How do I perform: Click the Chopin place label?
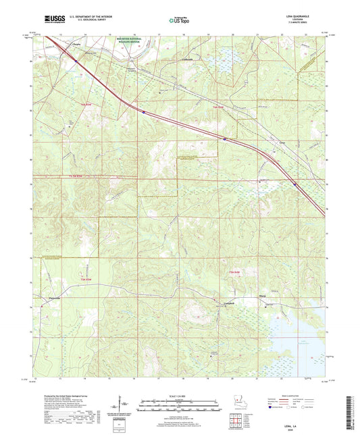click(76, 45)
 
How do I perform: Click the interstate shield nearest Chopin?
click(78, 61)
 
